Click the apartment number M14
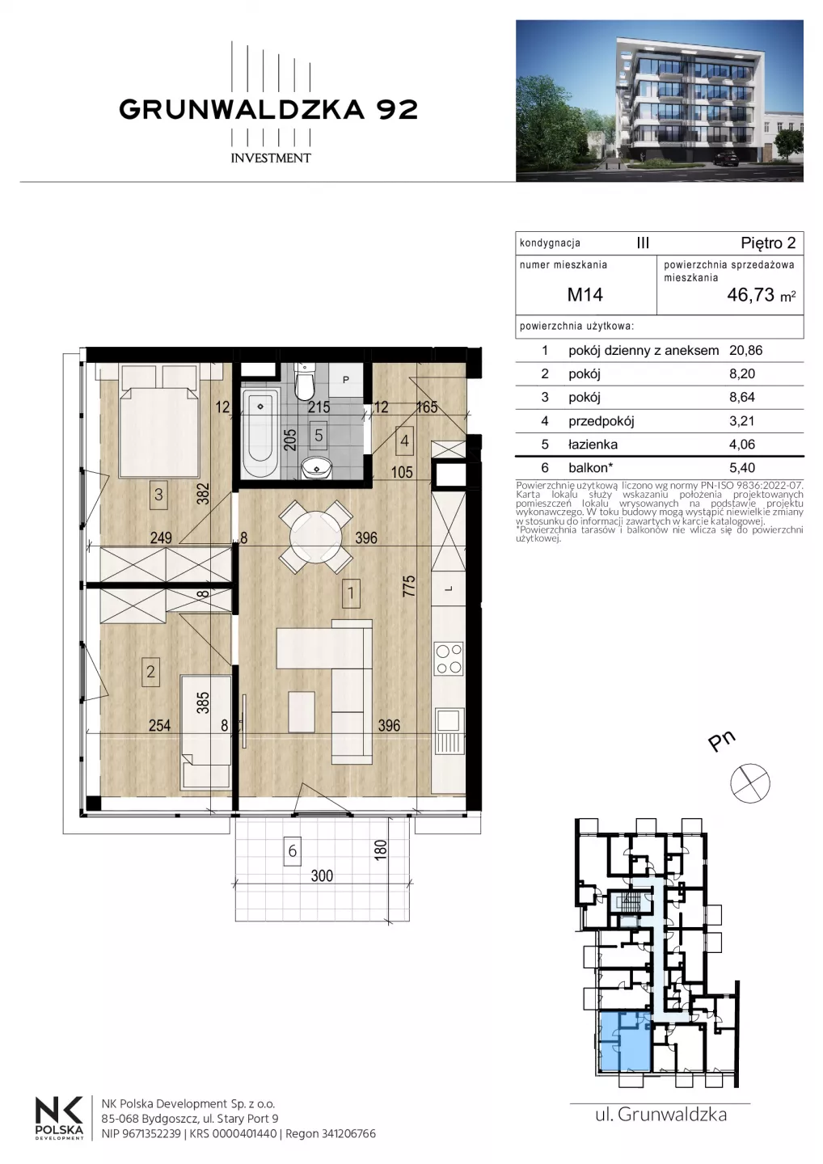(x=585, y=294)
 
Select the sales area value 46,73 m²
(x=762, y=295)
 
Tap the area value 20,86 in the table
(x=745, y=350)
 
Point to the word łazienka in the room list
(x=593, y=445)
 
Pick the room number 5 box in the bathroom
(x=319, y=434)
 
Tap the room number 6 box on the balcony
(x=293, y=850)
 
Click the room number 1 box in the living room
(x=351, y=593)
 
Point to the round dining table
(x=316, y=536)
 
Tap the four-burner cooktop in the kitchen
(x=449, y=659)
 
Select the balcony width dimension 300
(x=322, y=876)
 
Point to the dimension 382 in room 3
(x=203, y=493)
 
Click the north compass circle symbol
(x=749, y=783)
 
